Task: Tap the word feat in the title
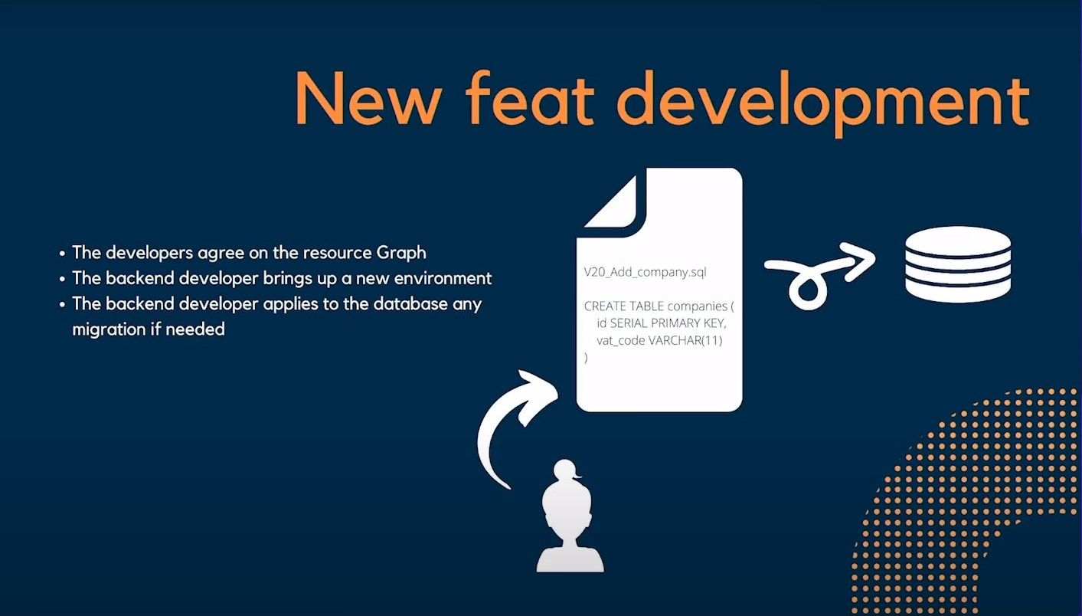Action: (x=530, y=97)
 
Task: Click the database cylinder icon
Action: (x=958, y=264)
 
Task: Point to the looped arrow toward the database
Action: (x=816, y=275)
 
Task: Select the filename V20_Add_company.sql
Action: (x=645, y=272)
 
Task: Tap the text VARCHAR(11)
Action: (x=685, y=341)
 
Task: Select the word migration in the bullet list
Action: (x=110, y=329)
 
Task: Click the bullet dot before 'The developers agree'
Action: (x=62, y=253)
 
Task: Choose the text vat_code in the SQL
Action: (x=621, y=341)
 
